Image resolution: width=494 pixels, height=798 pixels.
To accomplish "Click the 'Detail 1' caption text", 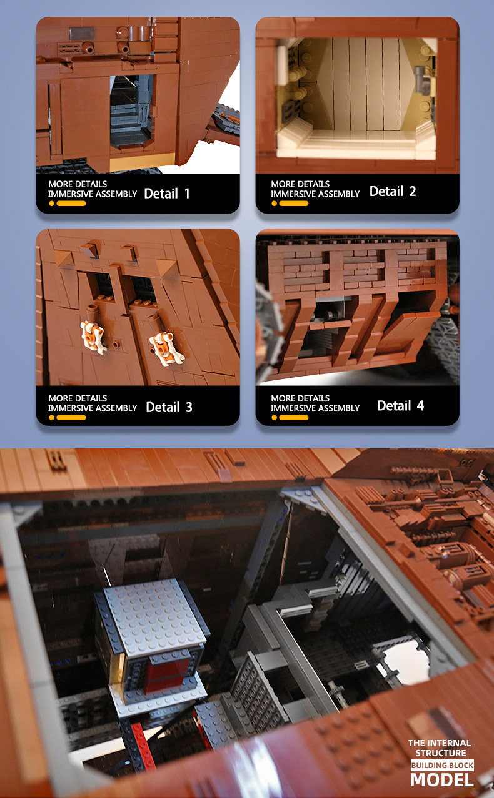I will [167, 194].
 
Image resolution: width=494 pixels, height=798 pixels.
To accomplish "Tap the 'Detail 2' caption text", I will [392, 192].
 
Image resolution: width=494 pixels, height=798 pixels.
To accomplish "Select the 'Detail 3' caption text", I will [169, 408].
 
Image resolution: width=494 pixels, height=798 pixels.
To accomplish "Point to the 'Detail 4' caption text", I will [400, 406].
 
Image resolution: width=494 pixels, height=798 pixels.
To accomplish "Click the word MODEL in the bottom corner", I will [441, 780].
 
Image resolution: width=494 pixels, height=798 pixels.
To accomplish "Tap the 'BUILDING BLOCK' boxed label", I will [441, 766].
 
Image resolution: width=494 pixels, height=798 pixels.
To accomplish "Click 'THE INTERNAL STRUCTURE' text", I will [440, 748].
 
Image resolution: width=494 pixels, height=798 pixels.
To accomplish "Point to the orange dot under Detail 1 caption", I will [52, 204].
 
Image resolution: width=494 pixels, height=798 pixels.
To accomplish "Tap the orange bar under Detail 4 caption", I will [293, 417].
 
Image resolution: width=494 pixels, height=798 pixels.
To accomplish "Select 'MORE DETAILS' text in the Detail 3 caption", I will [78, 398].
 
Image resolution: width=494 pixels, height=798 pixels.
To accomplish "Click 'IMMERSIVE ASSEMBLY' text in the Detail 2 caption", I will [315, 194].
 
